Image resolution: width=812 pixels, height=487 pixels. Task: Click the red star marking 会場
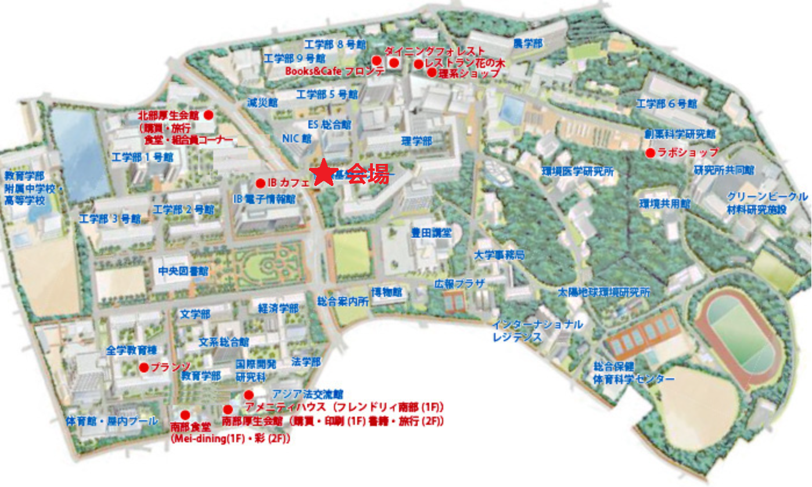[x=325, y=173]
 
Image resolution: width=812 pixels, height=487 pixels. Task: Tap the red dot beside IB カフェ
[x=260, y=183]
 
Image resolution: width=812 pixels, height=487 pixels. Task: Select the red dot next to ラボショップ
[x=651, y=153]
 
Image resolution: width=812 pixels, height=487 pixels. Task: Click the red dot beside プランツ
[x=143, y=367]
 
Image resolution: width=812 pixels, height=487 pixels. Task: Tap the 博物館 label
[x=387, y=292]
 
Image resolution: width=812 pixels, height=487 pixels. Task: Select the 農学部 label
[x=527, y=44]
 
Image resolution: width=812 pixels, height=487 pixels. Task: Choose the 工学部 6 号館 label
[x=666, y=104]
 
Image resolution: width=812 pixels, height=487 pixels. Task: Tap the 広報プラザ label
[x=459, y=284]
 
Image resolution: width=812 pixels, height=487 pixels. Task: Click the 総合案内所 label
[x=343, y=302]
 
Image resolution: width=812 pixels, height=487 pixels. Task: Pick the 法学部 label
[x=306, y=362]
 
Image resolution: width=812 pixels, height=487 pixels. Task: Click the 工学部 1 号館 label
[x=142, y=157]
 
